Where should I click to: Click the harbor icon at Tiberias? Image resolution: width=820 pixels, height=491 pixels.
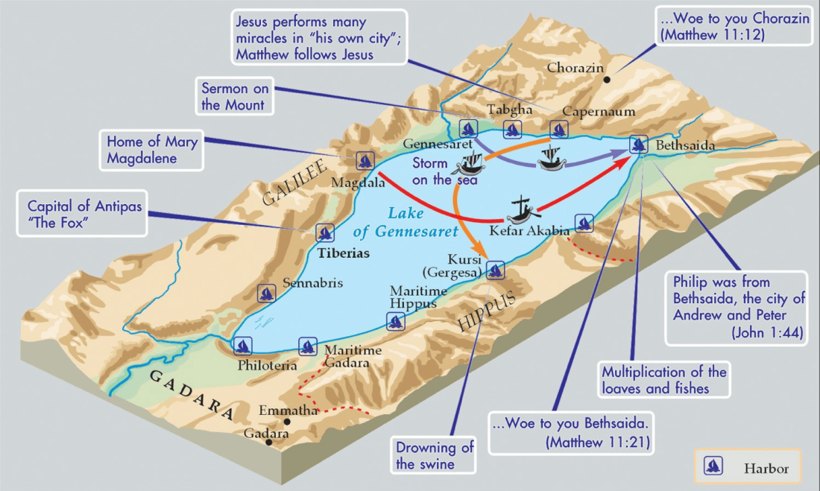[x=325, y=232]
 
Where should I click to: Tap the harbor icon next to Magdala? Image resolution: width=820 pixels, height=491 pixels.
[x=365, y=159]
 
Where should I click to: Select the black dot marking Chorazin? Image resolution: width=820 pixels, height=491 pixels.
[x=608, y=79]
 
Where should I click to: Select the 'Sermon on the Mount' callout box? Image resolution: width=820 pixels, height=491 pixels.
[x=235, y=98]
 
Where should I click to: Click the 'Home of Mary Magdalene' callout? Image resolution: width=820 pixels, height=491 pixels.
[x=152, y=149]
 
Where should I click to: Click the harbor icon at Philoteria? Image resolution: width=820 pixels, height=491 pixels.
[x=242, y=346]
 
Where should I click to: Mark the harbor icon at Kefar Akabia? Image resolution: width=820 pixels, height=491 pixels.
[x=584, y=222]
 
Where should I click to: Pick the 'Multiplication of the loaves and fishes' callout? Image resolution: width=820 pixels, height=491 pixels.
[x=663, y=379]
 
